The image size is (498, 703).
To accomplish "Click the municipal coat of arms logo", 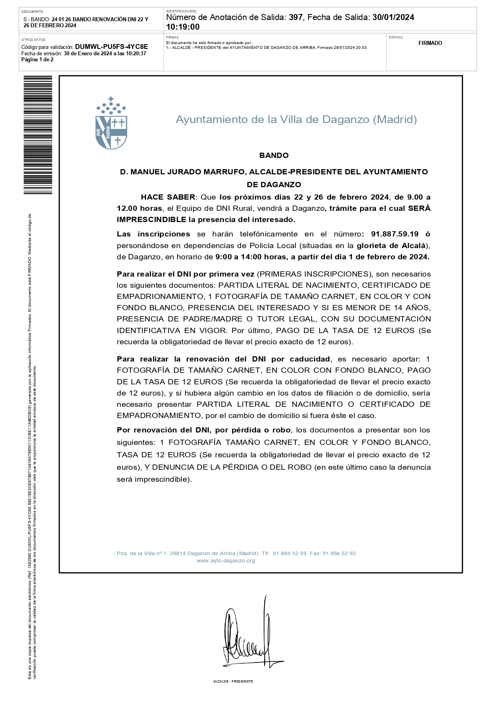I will tap(111, 123).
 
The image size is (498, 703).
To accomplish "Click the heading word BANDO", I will tap(274, 156).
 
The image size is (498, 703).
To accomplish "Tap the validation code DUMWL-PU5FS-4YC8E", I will tap(112, 47).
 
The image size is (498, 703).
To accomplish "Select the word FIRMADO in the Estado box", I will tap(430, 43).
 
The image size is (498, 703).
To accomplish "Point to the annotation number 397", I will tap(296, 17).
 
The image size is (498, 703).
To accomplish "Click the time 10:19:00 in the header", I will tap(183, 27).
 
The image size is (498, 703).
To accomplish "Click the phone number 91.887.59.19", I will tap(394, 234).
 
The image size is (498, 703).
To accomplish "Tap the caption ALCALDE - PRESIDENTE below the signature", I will tap(233, 681).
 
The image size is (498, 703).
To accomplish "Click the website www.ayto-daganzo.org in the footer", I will tap(226, 561).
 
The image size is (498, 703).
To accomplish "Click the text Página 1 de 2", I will tap(37, 60).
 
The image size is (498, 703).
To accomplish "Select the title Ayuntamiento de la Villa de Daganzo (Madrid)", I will tap(296, 119).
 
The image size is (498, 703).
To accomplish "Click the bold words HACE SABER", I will tap(168, 197).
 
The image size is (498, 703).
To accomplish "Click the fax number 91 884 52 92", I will tap(339, 554).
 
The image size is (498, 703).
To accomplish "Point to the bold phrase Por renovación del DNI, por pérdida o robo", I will tap(203, 430).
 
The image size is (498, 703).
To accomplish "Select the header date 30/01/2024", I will tap(393, 17).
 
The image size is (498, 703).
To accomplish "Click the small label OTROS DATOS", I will tap(33, 40).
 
